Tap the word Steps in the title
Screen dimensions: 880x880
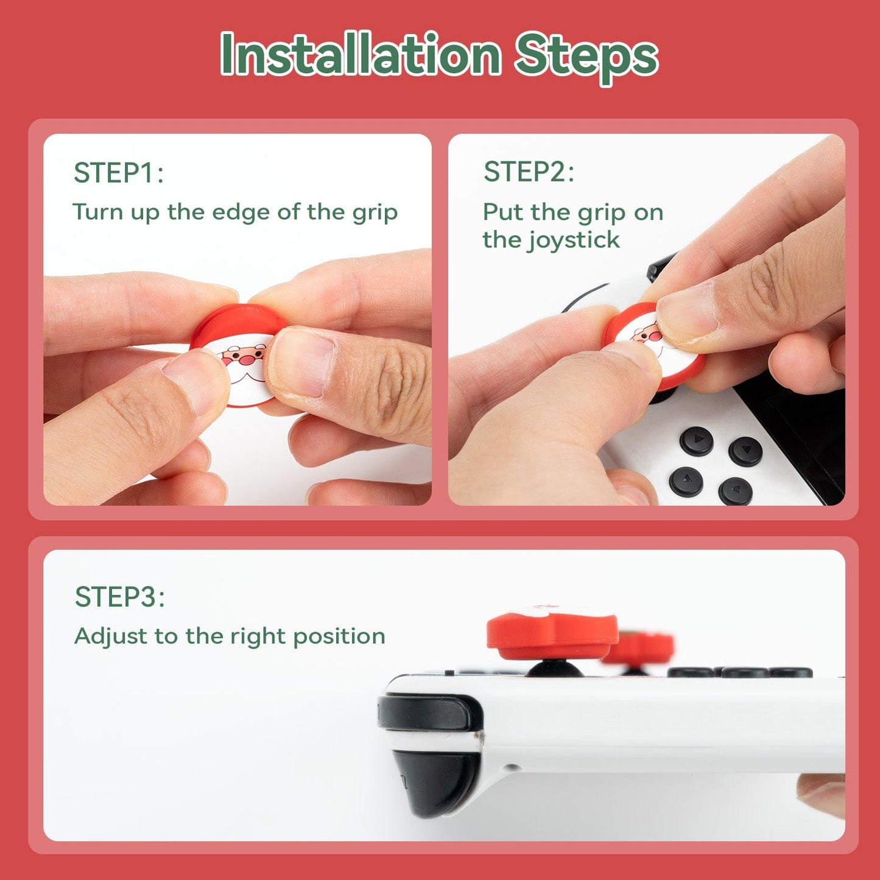pyautogui.click(x=586, y=56)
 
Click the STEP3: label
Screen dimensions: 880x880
pyautogui.click(x=119, y=597)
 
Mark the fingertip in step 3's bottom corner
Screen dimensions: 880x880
pyautogui.click(x=822, y=795)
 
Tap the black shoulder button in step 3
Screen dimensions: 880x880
pyautogui.click(x=426, y=713)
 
